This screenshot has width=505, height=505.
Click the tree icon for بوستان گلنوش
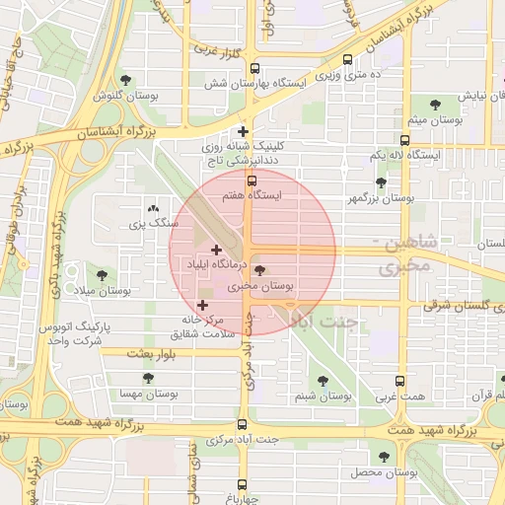124,80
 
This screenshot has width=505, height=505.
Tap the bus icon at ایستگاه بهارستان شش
255,69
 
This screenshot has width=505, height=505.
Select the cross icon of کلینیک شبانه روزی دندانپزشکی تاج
244,131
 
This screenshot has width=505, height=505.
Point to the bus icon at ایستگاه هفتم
252,180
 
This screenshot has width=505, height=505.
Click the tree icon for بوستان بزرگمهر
381,182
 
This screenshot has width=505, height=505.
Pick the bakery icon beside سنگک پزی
152,209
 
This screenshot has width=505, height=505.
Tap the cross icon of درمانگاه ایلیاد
217,250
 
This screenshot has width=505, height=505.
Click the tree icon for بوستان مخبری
259,269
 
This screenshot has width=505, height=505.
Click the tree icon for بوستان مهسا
148,378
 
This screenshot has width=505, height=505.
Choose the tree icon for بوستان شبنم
322,381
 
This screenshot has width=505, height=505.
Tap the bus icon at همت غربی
400,381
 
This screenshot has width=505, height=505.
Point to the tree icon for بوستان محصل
384,457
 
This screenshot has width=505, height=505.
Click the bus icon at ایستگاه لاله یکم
404,141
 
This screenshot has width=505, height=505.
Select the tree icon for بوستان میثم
435,103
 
